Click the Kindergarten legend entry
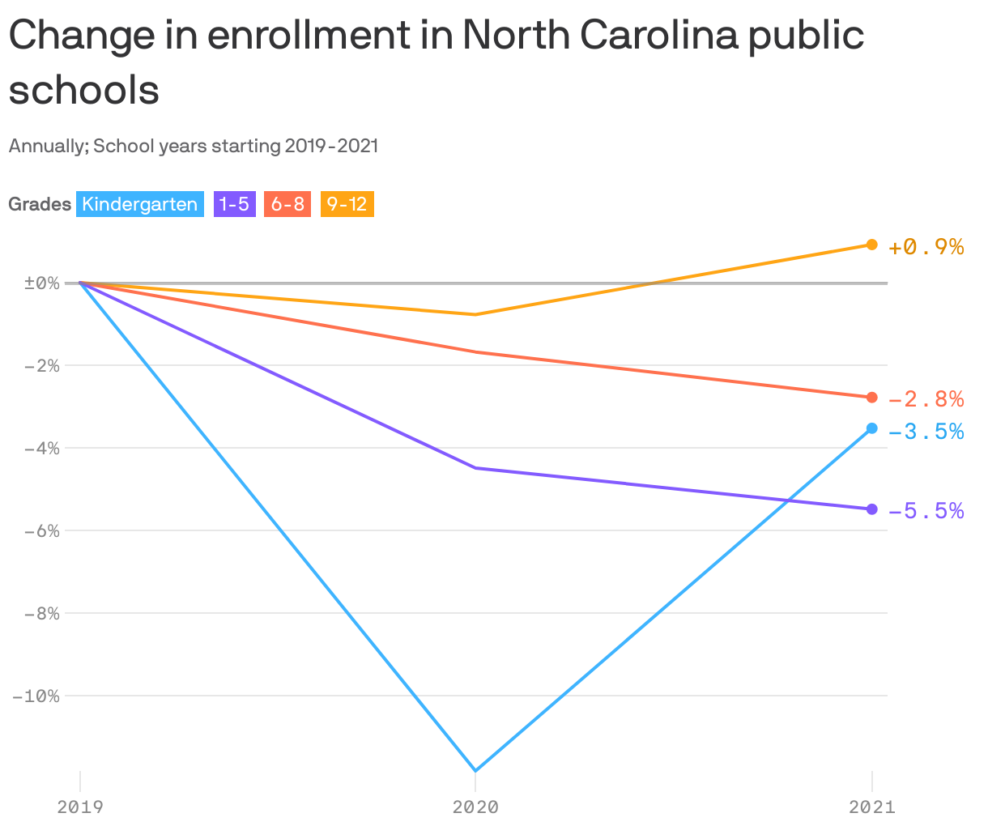click(x=139, y=204)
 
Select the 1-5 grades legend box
click(x=234, y=204)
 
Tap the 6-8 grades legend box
click(x=287, y=204)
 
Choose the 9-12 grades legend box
click(x=347, y=204)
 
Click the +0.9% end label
click(x=926, y=247)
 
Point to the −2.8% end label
click(x=926, y=399)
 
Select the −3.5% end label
click(x=926, y=432)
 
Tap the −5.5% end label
click(x=926, y=511)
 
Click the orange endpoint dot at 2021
click(x=872, y=245)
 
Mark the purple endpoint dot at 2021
click(x=872, y=509)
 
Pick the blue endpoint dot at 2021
click(x=872, y=428)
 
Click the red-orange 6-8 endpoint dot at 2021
click(x=872, y=398)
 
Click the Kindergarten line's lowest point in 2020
click(x=475, y=770)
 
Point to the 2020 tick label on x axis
click(x=475, y=807)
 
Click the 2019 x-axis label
click(x=79, y=807)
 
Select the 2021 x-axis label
click(x=871, y=807)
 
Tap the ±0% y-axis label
click(x=42, y=283)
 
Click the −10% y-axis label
click(x=36, y=696)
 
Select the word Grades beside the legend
click(x=40, y=204)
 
